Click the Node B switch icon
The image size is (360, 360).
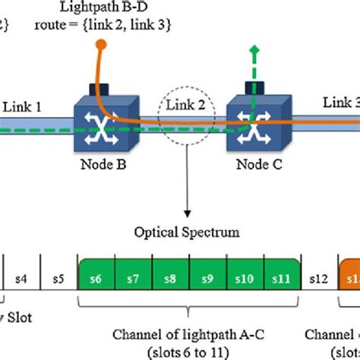point(107,122)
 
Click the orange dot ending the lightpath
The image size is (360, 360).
point(99,48)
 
